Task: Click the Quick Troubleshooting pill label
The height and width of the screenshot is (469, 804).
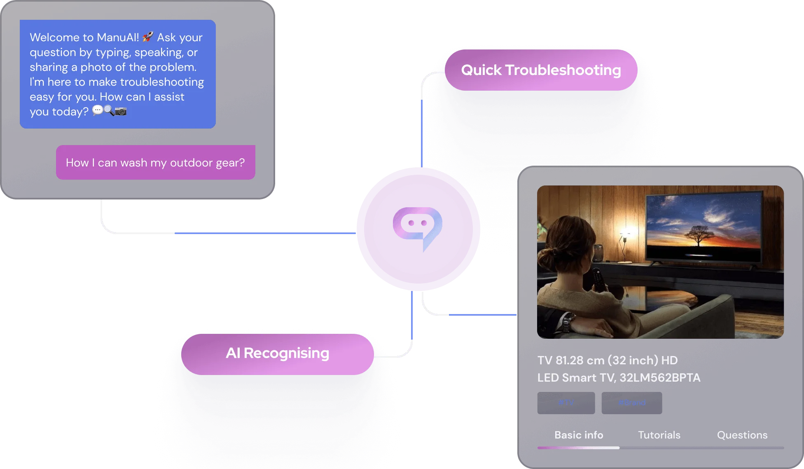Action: pyautogui.click(x=541, y=70)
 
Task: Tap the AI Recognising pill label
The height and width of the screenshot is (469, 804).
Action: pyautogui.click(x=277, y=353)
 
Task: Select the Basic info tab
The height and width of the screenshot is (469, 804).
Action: pyautogui.click(x=578, y=435)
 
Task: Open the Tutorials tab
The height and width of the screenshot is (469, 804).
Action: pyautogui.click(x=659, y=435)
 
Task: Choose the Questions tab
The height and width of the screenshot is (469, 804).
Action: pyautogui.click(x=742, y=435)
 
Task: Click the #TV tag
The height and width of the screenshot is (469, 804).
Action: pyautogui.click(x=566, y=402)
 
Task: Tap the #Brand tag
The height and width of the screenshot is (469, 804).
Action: pyautogui.click(x=631, y=402)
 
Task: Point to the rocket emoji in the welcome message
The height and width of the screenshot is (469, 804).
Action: pyautogui.click(x=147, y=37)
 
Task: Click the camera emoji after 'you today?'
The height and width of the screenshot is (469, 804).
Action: pyautogui.click(x=121, y=111)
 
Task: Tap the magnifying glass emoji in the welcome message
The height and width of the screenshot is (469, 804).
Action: pyautogui.click(x=109, y=110)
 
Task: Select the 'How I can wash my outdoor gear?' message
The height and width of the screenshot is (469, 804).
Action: pyautogui.click(x=155, y=162)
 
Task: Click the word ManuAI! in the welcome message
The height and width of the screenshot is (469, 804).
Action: pyautogui.click(x=112, y=38)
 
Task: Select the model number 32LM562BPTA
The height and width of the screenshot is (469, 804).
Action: pyautogui.click(x=660, y=378)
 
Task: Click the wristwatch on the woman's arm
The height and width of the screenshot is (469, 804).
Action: pyautogui.click(x=568, y=320)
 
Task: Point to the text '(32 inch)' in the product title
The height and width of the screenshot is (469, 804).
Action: pyautogui.click(x=633, y=360)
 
